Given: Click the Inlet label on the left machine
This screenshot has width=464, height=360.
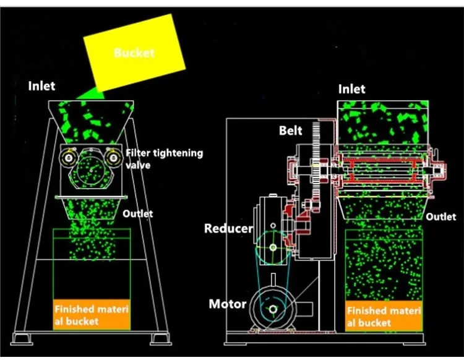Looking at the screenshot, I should click(41, 85).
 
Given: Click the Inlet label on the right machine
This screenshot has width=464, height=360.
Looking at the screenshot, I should click(351, 89).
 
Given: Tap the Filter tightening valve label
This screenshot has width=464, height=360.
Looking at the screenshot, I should click(164, 158).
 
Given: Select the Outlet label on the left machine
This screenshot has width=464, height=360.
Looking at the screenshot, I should click(137, 213).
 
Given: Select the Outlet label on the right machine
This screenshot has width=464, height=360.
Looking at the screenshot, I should click(441, 216).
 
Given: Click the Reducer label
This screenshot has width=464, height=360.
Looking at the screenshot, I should click(228, 228).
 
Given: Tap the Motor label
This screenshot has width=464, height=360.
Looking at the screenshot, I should click(228, 304).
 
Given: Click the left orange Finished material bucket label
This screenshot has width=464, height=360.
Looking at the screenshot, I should click(92, 315).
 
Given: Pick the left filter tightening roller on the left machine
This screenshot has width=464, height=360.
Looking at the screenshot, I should click(67, 158).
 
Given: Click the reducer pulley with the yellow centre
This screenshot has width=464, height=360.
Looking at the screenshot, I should click(273, 247).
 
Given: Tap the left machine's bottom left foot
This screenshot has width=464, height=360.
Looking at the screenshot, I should click(22, 338).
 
